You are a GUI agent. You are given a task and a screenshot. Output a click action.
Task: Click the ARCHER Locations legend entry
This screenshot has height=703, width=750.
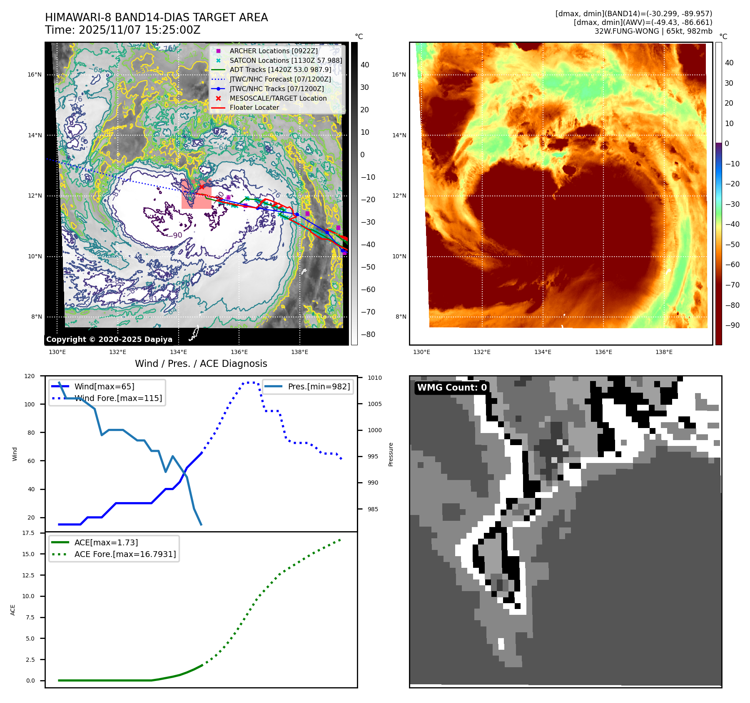click(x=273, y=51)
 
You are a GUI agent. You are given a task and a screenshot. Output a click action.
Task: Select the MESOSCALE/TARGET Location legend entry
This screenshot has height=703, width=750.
click(x=278, y=98)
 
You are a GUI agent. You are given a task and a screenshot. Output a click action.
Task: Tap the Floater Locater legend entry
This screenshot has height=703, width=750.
click(x=254, y=107)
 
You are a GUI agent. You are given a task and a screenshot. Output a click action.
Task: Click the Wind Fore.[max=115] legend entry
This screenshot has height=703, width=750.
click(x=118, y=398)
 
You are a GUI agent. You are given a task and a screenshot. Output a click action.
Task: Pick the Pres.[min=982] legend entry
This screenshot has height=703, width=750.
click(x=319, y=386)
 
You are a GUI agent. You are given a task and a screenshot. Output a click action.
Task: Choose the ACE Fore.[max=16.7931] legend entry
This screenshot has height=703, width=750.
click(x=125, y=554)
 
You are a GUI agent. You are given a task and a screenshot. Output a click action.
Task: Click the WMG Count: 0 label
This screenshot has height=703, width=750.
click(x=452, y=388)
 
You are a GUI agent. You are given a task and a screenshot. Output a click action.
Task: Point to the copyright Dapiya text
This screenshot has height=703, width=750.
click(x=109, y=339)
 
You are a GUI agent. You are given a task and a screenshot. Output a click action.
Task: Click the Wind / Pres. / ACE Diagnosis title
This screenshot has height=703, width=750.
click(x=201, y=364)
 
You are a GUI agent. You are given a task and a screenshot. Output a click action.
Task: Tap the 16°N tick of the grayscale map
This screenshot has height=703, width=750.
click(x=35, y=75)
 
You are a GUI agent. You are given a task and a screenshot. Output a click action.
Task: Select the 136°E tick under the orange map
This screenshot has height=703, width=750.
click(x=603, y=352)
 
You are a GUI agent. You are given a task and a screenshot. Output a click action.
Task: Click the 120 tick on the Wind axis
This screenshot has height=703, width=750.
click(x=30, y=376)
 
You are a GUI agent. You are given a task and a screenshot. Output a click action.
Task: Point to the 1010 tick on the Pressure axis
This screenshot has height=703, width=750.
click(x=374, y=378)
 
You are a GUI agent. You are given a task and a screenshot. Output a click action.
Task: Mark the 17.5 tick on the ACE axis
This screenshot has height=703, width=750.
click(x=28, y=533)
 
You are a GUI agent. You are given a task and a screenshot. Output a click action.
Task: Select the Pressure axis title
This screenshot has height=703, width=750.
click(x=391, y=454)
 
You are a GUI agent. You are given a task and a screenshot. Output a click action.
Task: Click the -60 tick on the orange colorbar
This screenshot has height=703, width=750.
click(x=732, y=265)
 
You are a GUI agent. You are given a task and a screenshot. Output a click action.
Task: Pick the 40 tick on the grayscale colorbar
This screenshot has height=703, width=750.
click(x=365, y=65)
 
